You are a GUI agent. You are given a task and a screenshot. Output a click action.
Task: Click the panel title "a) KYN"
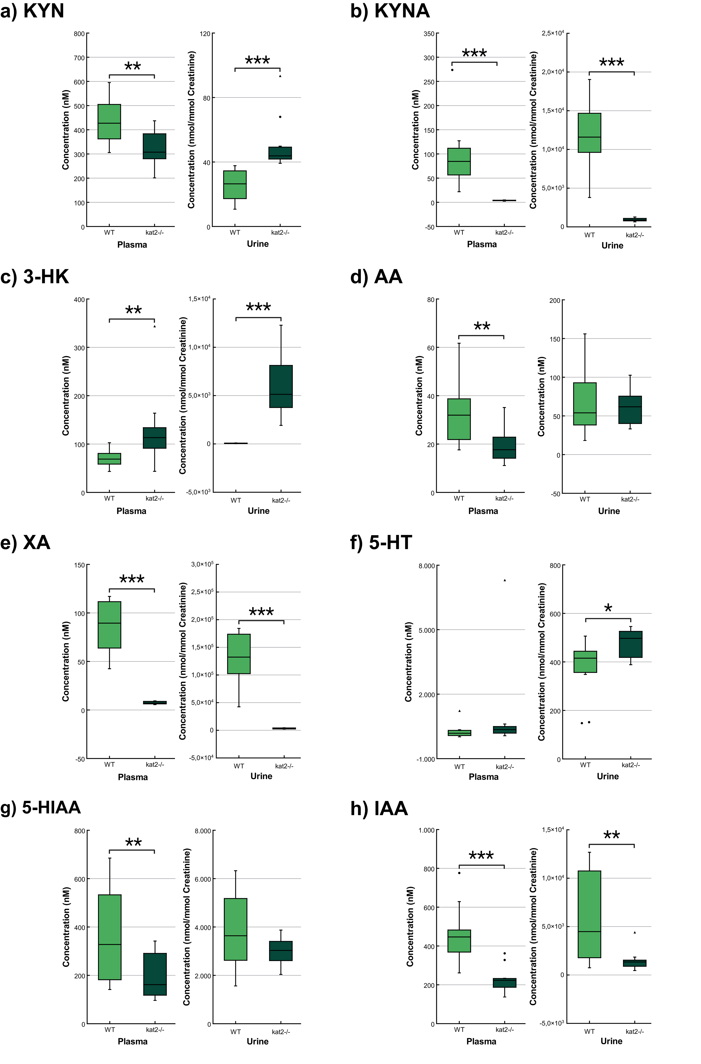click(32, 11)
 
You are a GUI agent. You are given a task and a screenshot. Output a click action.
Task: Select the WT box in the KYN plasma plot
click(109, 121)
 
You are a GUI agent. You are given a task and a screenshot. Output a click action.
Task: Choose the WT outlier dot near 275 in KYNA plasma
click(452, 70)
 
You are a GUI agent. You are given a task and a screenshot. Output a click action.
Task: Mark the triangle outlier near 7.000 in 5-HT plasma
click(505, 580)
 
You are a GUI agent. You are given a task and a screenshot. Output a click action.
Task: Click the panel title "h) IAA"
click(379, 808)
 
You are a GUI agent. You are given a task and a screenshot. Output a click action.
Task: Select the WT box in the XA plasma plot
click(109, 625)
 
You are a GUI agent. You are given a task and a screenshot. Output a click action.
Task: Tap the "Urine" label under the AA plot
click(609, 511)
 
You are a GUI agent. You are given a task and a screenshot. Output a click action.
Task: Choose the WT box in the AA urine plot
click(585, 404)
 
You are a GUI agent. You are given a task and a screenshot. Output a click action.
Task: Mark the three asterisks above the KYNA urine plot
click(612, 63)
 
